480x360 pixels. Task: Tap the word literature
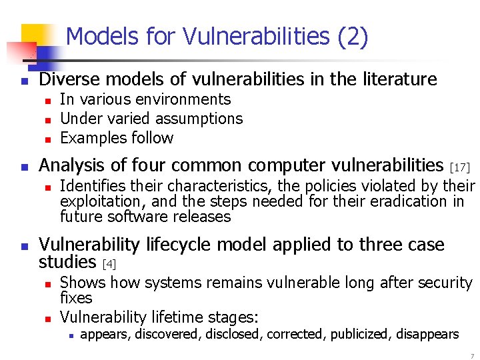(x=399, y=80)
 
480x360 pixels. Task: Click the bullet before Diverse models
(x=23, y=81)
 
